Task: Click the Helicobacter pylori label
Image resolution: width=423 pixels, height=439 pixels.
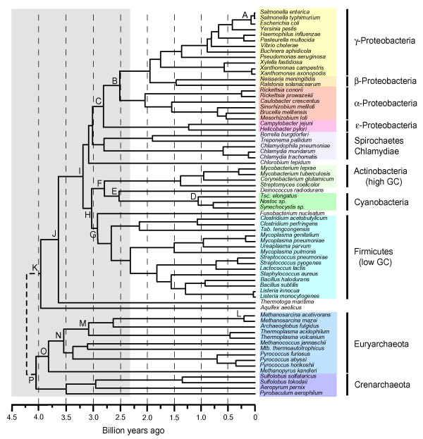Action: [283, 128]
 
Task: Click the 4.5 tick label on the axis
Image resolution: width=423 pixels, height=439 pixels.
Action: [11, 416]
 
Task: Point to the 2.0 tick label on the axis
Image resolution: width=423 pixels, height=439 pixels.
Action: [147, 416]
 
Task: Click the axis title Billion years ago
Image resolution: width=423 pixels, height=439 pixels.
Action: [133, 431]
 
